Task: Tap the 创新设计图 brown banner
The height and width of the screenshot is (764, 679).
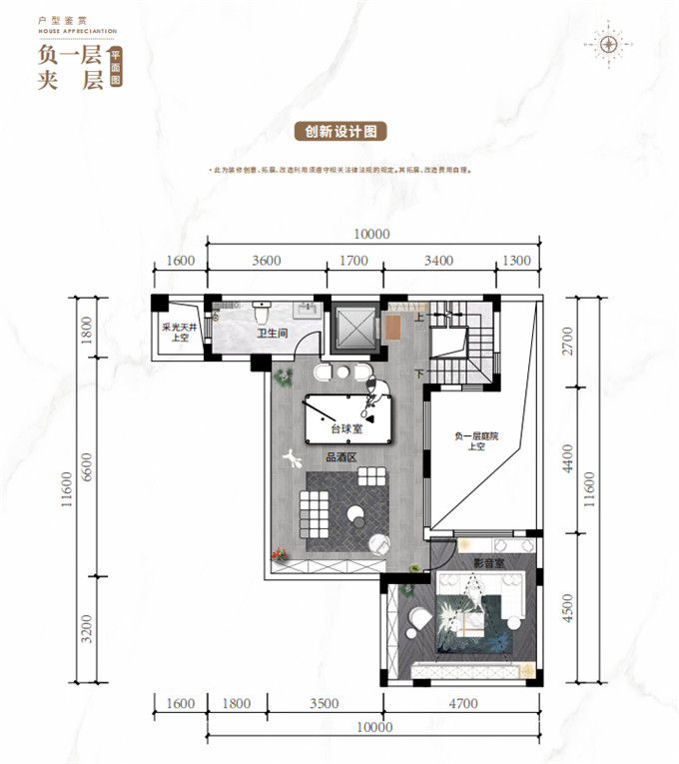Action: click(339, 131)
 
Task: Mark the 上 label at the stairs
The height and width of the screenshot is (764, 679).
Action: click(419, 317)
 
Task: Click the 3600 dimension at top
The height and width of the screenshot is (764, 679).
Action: click(267, 262)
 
